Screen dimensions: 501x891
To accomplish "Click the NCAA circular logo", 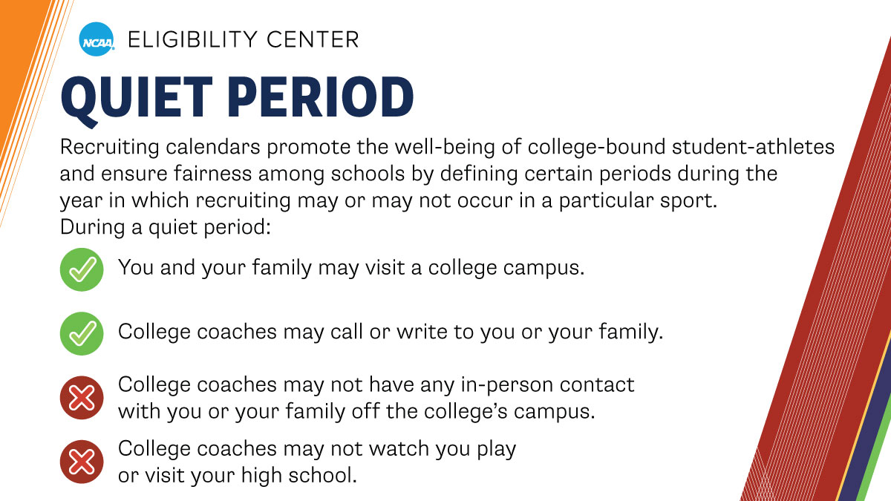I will tap(97, 39).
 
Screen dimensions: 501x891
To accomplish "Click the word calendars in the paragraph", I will tap(204, 147).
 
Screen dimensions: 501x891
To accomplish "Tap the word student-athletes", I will tap(749, 147).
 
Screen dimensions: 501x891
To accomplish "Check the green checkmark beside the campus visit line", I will tap(80, 269).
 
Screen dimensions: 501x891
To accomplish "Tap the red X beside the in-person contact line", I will tap(80, 399).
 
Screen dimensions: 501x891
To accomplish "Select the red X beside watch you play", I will tap(80, 462).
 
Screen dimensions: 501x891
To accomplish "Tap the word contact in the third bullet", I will tap(598, 385).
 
